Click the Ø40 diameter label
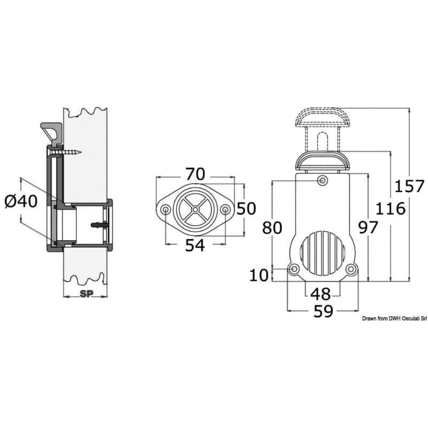tap(21, 202)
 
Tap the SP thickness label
tap(87, 294)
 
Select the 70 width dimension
tap(195, 174)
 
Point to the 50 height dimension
tap(246, 208)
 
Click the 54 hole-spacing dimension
tap(195, 245)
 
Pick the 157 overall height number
tap(409, 186)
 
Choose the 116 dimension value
tap(391, 209)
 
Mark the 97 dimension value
tap(368, 227)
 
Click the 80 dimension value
tap(272, 228)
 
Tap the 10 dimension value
tap(259, 275)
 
